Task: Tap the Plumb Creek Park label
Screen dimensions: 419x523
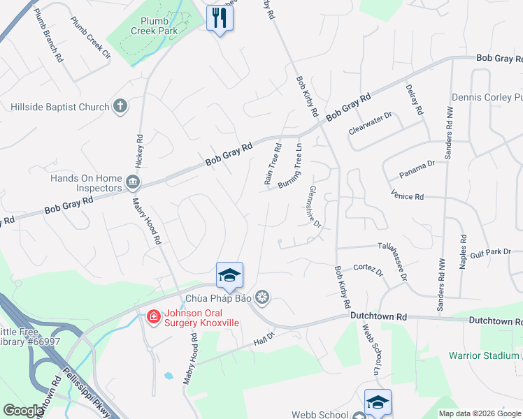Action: (x=154, y=26)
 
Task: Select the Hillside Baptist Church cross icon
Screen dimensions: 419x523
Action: (x=120, y=106)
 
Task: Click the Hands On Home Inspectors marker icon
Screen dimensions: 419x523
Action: (x=132, y=183)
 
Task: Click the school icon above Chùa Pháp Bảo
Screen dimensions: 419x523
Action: (x=229, y=275)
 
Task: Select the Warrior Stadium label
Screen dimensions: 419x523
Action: (x=483, y=355)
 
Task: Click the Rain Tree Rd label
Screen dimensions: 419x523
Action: (x=273, y=164)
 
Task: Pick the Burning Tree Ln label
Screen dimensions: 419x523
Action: (x=292, y=171)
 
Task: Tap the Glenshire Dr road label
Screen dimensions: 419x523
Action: (x=315, y=207)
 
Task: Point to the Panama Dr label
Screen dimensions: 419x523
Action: (x=417, y=168)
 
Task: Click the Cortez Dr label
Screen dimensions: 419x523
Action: (x=368, y=270)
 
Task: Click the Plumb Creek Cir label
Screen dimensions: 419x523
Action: (x=91, y=37)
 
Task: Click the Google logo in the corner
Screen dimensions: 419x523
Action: (x=23, y=411)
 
